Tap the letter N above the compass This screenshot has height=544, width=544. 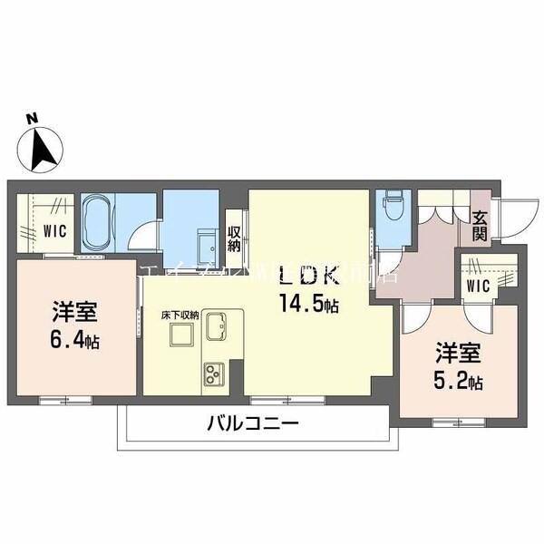(x=31, y=118)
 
